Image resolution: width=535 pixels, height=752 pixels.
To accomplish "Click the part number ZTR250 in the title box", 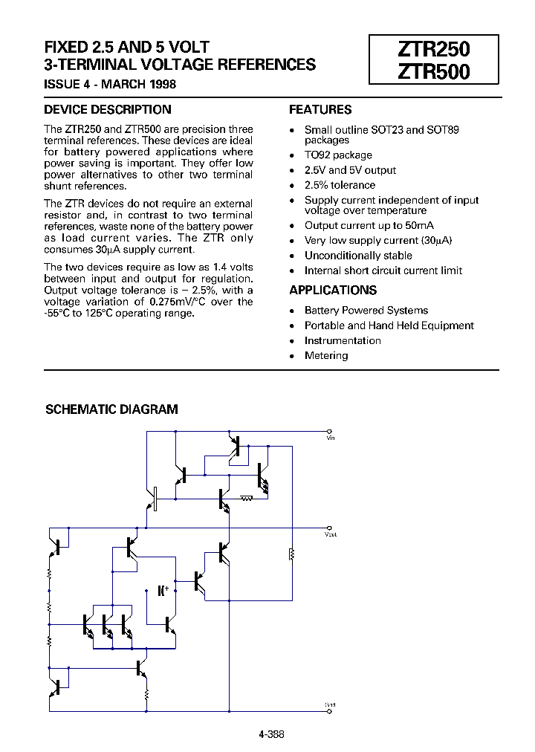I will point(435,49).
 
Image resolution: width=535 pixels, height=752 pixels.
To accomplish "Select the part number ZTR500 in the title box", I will point(435,74).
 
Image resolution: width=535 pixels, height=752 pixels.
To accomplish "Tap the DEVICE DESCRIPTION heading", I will point(108,110).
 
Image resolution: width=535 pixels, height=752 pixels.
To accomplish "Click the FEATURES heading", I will point(320,110).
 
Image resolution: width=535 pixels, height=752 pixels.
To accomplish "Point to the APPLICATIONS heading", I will point(333,291).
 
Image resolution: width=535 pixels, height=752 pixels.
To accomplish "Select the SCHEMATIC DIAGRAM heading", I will point(112,409).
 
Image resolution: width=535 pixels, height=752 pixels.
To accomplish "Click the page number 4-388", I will point(272,734).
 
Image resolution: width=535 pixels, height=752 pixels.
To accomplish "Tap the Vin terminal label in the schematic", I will point(331,438).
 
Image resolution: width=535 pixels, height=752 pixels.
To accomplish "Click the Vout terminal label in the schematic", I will point(331,534).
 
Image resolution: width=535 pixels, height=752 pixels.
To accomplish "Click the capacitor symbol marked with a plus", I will point(163,591).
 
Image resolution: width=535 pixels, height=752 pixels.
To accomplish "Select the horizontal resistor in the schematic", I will point(246,499).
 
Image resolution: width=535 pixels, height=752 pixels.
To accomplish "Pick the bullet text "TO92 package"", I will point(338,155).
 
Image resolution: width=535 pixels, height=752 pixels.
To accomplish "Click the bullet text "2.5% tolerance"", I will point(340,185).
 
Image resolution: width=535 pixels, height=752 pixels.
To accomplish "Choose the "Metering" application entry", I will point(326,356).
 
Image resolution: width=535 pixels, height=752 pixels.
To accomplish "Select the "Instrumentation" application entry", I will point(343,341).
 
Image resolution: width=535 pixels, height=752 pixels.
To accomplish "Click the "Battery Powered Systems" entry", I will point(366,311).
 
